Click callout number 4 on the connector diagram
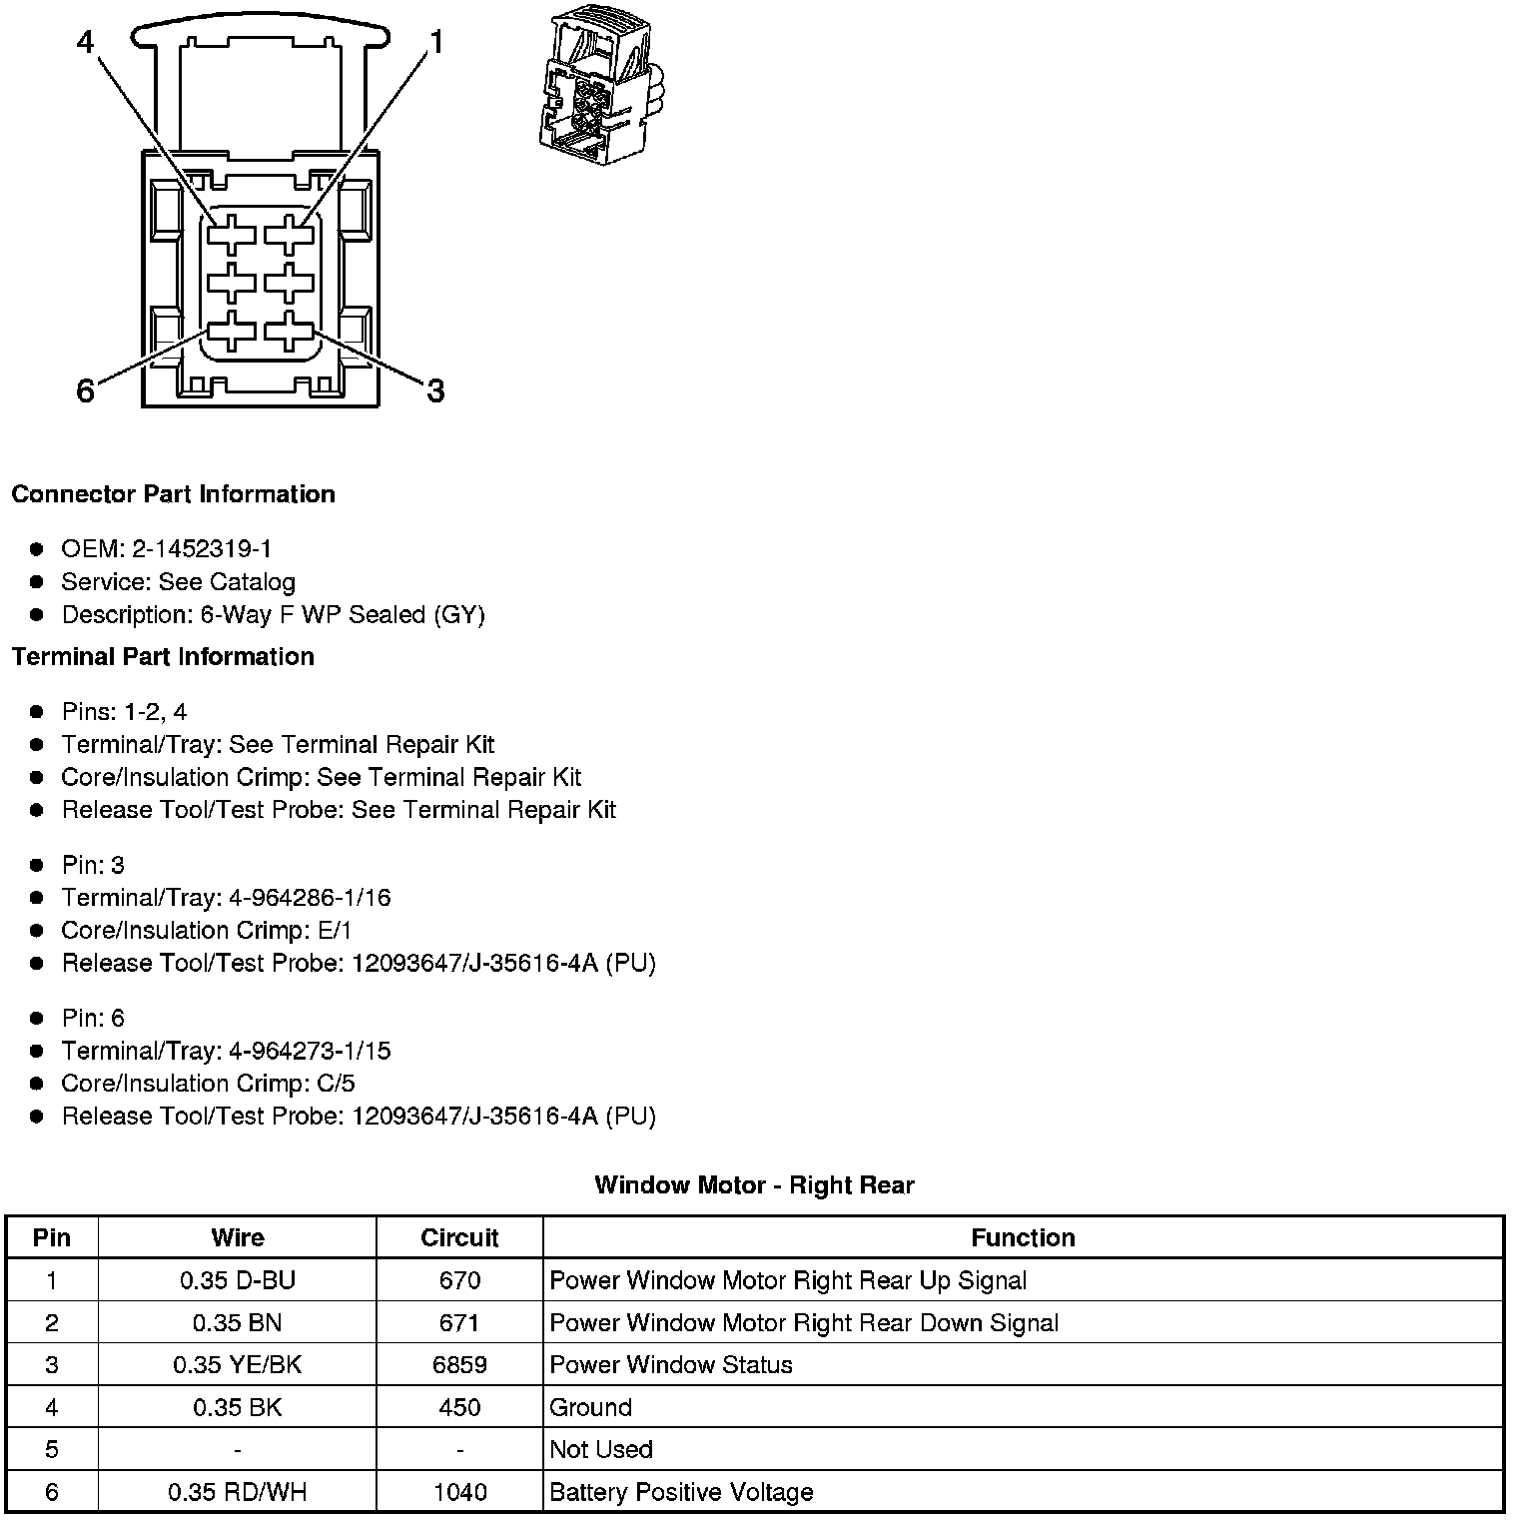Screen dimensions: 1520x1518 tap(86, 42)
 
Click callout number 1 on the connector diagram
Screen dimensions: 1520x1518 tap(435, 42)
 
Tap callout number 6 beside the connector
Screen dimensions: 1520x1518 tap(86, 390)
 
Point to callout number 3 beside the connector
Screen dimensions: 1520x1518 tap(435, 390)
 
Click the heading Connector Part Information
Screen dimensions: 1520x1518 tap(173, 494)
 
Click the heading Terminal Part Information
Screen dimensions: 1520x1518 tap(163, 657)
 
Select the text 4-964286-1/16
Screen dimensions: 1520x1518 tap(310, 898)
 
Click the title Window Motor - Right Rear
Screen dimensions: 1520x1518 tap(754, 1185)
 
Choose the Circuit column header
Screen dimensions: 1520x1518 tap(459, 1238)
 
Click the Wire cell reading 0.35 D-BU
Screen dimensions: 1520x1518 tap(238, 1280)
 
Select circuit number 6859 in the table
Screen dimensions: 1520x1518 tap(459, 1365)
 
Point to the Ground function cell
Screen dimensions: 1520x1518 tap(591, 1408)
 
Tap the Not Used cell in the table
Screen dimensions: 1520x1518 tap(601, 1450)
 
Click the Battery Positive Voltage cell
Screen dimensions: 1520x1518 tap(681, 1493)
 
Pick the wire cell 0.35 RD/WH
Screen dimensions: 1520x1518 tap(238, 1493)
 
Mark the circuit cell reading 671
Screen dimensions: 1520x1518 tap(459, 1323)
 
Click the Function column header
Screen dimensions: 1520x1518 tap(1023, 1238)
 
